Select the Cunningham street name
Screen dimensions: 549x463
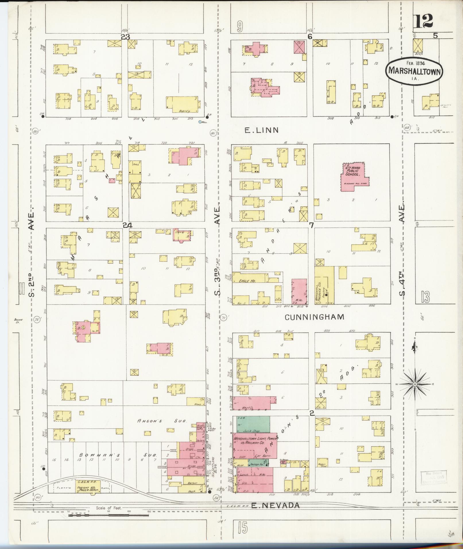[314, 317]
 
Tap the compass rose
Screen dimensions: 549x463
[415, 384]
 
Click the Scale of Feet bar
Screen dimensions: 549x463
[109, 515]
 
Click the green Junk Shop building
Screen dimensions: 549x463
[253, 424]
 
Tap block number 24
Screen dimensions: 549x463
[127, 226]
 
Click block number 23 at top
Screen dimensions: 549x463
[125, 37]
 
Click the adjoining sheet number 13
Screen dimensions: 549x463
[425, 297]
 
